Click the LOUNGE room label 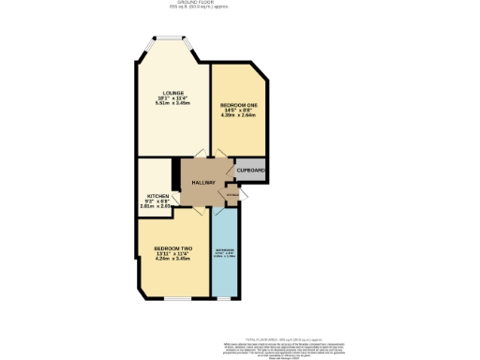(172, 92)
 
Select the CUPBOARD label (250, 170)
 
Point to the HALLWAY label (203, 182)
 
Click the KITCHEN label (157, 196)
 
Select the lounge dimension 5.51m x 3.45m (172, 103)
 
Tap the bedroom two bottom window (173, 298)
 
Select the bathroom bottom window (225, 298)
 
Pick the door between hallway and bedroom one (217, 157)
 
